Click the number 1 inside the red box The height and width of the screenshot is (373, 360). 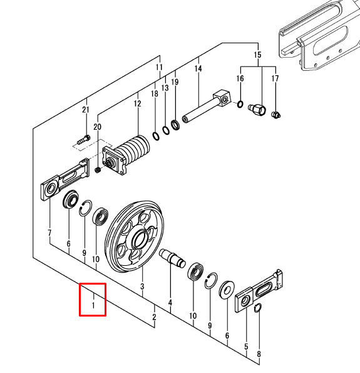pyautogui.click(x=93, y=305)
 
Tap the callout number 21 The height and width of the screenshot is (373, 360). pyautogui.click(x=86, y=110)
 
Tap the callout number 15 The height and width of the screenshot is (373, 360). pyautogui.click(x=257, y=55)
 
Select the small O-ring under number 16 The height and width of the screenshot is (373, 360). pyautogui.click(x=240, y=104)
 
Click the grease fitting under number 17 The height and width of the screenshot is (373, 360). pyautogui.click(x=276, y=115)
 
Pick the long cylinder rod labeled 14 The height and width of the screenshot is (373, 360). pyautogui.click(x=207, y=106)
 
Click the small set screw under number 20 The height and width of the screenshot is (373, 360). pyautogui.click(x=98, y=171)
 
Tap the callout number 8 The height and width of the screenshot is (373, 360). pyautogui.click(x=259, y=354)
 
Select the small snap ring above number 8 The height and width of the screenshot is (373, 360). pyautogui.click(x=258, y=308)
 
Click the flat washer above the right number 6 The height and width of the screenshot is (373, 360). pyautogui.click(x=227, y=289)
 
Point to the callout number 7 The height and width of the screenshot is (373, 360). pyautogui.click(x=49, y=233)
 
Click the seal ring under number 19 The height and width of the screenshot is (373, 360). pyautogui.click(x=175, y=125)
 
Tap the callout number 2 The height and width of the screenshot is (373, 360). pyautogui.click(x=154, y=317)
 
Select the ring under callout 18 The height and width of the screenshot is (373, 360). pyautogui.click(x=156, y=136)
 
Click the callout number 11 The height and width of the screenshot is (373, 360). pyautogui.click(x=159, y=67)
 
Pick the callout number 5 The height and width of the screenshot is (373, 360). pyautogui.click(x=246, y=347)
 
